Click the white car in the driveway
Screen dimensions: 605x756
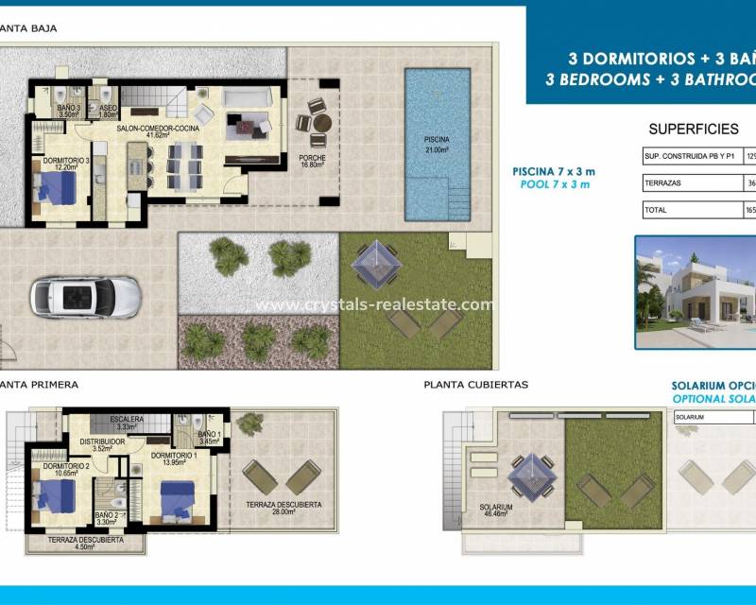click(86, 297)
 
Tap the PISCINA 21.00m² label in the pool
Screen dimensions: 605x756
click(437, 144)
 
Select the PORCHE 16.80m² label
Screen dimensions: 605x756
click(312, 161)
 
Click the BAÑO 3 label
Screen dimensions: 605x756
click(67, 112)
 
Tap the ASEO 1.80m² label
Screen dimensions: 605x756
click(107, 112)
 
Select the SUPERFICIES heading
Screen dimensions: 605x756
click(693, 130)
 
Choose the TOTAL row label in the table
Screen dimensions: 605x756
click(657, 211)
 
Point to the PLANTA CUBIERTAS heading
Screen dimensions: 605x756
click(475, 385)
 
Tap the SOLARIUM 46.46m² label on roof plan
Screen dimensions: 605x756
click(496, 510)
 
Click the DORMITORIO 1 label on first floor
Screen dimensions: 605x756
click(174, 458)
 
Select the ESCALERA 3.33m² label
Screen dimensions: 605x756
click(127, 423)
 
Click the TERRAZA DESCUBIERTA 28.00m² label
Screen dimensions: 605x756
click(283, 509)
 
